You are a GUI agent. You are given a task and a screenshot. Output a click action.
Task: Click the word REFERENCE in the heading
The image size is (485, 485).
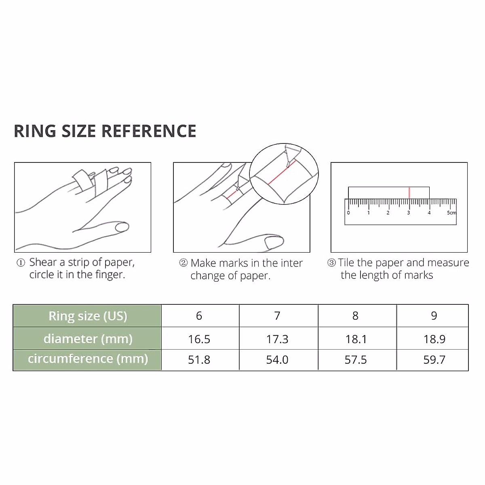click(148, 131)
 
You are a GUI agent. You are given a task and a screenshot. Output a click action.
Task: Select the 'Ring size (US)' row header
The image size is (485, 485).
click(88, 316)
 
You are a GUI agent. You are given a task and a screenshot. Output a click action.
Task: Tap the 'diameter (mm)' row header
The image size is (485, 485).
click(88, 339)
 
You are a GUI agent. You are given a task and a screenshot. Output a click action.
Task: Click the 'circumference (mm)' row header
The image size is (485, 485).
click(88, 359)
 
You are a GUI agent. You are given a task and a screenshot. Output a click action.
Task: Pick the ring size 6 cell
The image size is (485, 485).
click(199, 316)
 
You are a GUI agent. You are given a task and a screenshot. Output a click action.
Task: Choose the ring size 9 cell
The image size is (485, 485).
click(434, 316)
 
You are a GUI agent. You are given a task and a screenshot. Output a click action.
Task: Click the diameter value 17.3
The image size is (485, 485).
click(277, 339)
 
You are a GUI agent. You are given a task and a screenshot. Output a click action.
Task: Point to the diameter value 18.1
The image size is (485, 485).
click(356, 339)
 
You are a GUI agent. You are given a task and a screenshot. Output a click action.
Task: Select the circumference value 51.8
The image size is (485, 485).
click(199, 360)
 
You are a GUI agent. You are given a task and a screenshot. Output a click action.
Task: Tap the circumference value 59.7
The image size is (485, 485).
click(434, 360)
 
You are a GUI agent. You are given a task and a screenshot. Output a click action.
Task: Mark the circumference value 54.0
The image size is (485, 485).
click(277, 360)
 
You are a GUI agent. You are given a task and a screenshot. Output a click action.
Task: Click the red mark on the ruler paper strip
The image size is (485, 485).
click(409, 192)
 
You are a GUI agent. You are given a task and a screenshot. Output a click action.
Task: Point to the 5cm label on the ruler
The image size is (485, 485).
click(451, 213)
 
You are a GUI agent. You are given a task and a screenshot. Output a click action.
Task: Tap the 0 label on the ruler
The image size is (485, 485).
click(348, 213)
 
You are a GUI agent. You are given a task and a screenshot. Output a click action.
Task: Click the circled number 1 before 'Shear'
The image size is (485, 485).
click(21, 263)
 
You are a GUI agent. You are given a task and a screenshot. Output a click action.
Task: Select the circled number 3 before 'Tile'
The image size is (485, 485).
click(331, 263)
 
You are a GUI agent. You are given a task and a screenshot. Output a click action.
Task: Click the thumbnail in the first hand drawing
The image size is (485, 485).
click(122, 227)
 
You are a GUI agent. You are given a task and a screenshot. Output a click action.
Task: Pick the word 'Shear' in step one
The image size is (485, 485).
click(43, 262)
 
